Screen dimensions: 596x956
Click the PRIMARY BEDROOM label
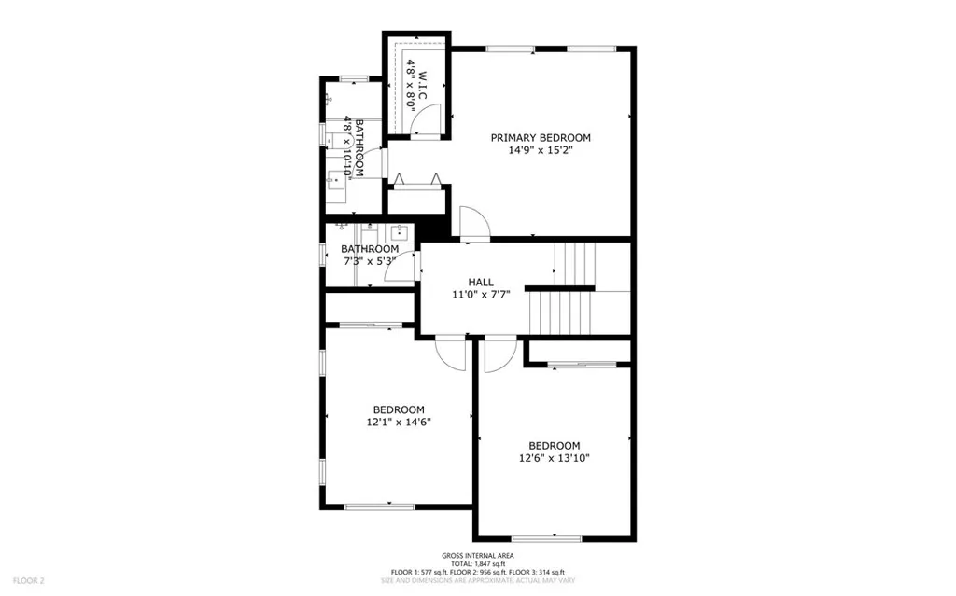pyautogui.click(x=541, y=138)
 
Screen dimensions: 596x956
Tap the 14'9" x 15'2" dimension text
pyautogui.click(x=541, y=150)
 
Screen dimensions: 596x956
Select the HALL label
pyautogui.click(x=481, y=282)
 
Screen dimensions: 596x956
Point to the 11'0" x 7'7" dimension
pyautogui.click(x=481, y=295)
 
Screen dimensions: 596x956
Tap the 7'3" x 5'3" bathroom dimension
pyautogui.click(x=369, y=261)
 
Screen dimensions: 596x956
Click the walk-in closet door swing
pyautogui.click(x=426, y=117)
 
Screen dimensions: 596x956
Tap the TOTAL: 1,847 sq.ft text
pyautogui.click(x=477, y=563)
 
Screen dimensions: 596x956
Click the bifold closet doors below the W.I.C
pyautogui.click(x=415, y=177)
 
